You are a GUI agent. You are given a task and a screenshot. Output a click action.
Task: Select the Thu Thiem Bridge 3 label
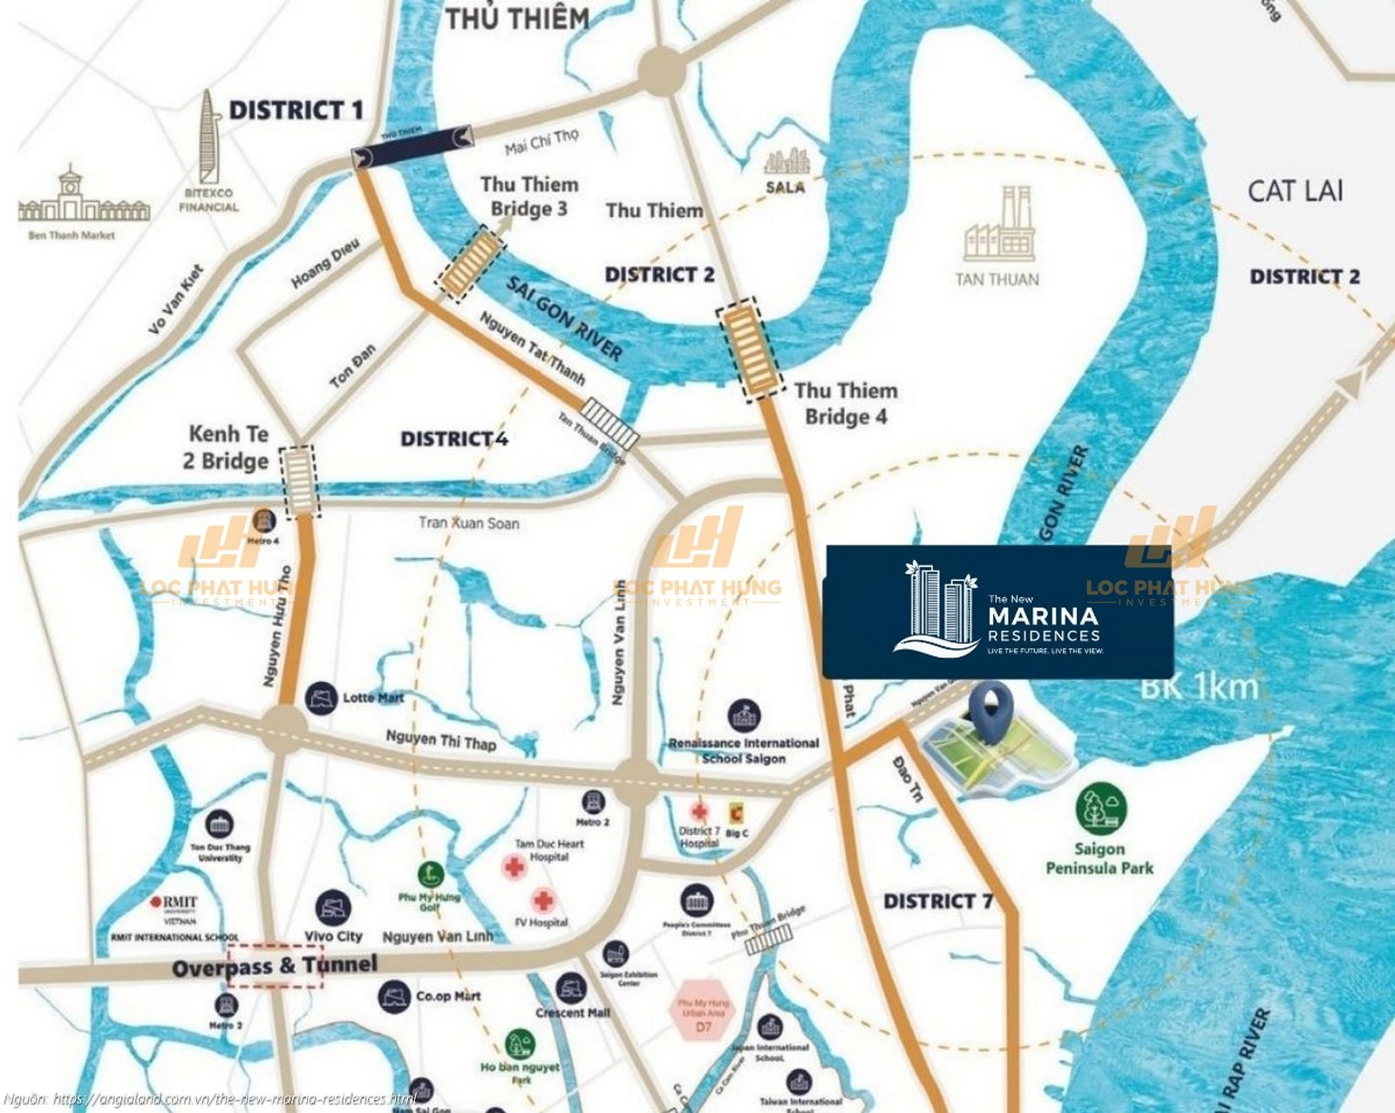(529, 196)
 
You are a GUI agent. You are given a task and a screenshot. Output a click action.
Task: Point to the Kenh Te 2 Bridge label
(228, 447)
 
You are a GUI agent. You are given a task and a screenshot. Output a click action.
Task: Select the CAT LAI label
(1295, 191)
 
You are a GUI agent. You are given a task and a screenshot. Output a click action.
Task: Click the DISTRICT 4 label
(453, 439)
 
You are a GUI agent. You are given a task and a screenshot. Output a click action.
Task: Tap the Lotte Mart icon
(322, 698)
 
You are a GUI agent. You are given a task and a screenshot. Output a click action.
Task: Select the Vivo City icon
(333, 908)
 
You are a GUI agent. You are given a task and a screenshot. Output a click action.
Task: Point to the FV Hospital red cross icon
(543, 899)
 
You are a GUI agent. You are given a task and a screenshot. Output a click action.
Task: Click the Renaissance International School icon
(744, 715)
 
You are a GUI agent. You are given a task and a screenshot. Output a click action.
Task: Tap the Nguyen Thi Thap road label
(440, 741)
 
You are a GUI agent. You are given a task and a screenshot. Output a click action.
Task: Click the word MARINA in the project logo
(1043, 617)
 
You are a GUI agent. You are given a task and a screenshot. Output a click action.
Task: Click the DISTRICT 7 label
(938, 901)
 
